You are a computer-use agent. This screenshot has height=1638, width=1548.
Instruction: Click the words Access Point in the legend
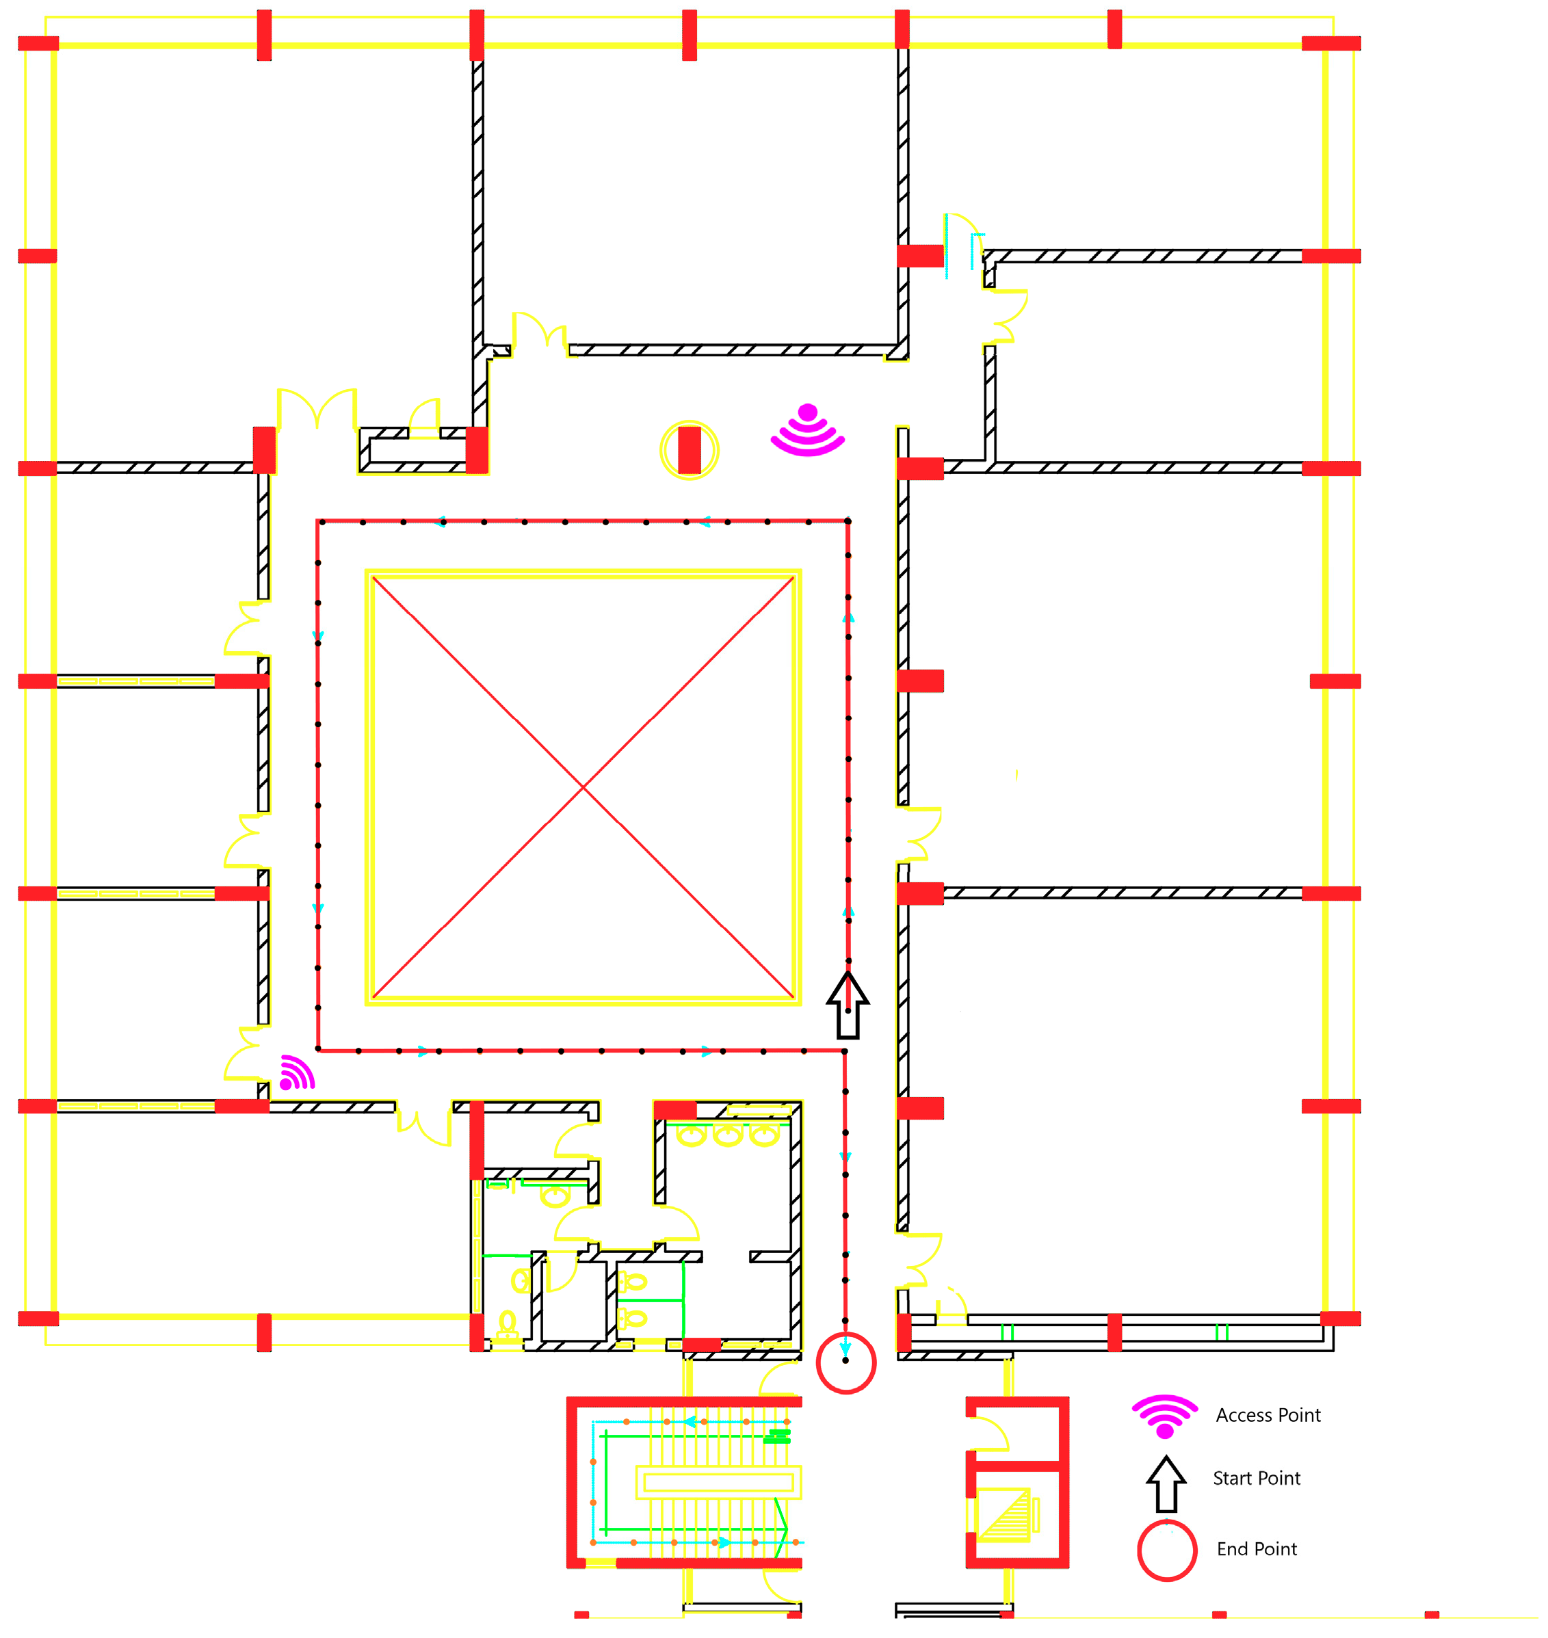[x=1268, y=1415]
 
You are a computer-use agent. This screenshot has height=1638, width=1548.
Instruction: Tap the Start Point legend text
[x=1256, y=1478]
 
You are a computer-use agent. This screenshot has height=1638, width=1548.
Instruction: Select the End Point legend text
[x=1256, y=1549]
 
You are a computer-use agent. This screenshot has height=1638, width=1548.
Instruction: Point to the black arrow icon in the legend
[x=1166, y=1483]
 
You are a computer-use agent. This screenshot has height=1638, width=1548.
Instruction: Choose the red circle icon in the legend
[x=1167, y=1550]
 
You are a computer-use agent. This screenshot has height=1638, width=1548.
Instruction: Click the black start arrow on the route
[x=848, y=1005]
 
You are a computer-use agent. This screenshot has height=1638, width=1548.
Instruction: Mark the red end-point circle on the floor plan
[x=845, y=1363]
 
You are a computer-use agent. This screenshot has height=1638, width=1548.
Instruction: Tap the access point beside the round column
[x=808, y=431]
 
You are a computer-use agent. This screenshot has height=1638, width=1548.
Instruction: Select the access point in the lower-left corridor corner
[x=296, y=1073]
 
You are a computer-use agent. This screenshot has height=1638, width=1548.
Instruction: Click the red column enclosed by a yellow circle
[x=689, y=450]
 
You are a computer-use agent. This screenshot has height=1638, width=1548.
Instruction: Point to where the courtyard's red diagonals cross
[x=583, y=787]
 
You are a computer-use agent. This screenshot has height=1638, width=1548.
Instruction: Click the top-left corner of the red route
[x=319, y=522]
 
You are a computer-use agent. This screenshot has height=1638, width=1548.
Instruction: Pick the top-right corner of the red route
[x=848, y=522]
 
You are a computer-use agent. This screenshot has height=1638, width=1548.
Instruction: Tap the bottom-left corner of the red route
[x=319, y=1051]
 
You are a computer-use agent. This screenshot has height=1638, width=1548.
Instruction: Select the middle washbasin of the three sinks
[x=728, y=1135]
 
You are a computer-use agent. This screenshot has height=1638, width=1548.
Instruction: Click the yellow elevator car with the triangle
[x=1003, y=1515]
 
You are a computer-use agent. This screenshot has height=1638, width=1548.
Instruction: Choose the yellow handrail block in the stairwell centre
[x=718, y=1482]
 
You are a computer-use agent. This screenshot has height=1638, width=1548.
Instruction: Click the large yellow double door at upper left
[x=317, y=408]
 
